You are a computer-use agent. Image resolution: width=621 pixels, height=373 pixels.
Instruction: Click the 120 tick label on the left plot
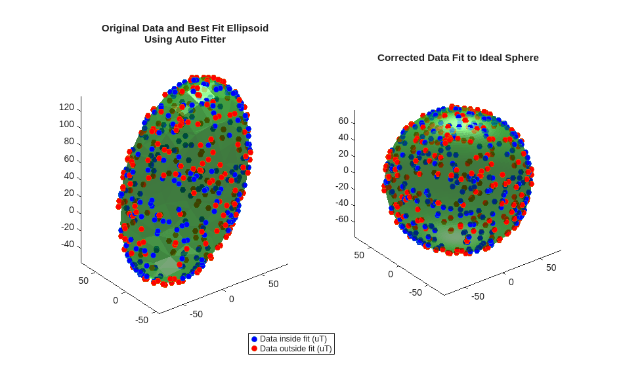pyautogui.click(x=66, y=107)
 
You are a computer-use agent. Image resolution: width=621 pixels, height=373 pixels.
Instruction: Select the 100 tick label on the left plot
pyautogui.click(x=66, y=124)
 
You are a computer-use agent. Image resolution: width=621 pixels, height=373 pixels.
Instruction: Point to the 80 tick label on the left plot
pyautogui.click(x=69, y=141)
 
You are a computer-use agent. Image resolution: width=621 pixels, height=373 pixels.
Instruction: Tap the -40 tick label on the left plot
pyautogui.click(x=68, y=244)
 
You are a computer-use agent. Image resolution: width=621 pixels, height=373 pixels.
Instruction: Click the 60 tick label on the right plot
pyautogui.click(x=343, y=121)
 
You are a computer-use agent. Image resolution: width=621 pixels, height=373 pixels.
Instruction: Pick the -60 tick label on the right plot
pyautogui.click(x=341, y=219)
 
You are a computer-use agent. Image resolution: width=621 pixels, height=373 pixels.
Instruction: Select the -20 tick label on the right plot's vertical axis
pyautogui.click(x=341, y=186)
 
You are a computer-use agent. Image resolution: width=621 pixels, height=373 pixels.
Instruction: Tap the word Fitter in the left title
pyautogui.click(x=209, y=39)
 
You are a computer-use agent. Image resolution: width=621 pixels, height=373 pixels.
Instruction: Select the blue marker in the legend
pyautogui.click(x=254, y=339)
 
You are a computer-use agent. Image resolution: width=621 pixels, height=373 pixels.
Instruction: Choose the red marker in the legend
pyautogui.click(x=254, y=349)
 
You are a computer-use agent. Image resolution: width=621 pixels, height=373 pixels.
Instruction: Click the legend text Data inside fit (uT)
pyautogui.click(x=293, y=339)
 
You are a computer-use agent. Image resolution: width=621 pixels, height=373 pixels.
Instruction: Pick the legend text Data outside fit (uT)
pyautogui.click(x=295, y=349)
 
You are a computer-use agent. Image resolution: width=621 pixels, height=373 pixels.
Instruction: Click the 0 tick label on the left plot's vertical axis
pyautogui.click(x=72, y=210)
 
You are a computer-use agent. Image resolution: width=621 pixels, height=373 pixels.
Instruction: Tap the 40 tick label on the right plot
pyautogui.click(x=343, y=137)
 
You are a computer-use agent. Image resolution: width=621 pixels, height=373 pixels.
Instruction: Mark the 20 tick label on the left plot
pyautogui.click(x=69, y=193)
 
